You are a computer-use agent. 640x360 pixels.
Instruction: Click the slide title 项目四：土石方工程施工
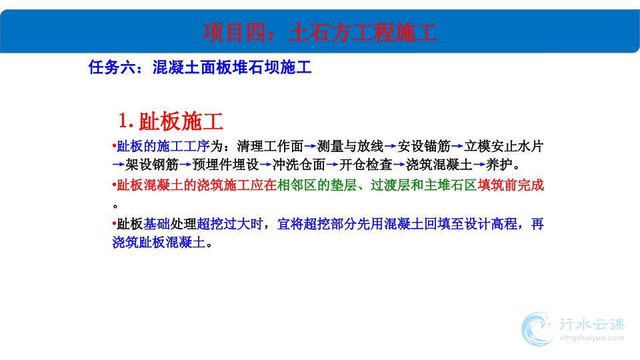[319, 33]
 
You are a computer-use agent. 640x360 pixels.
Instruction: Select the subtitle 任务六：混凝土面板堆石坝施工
[200, 67]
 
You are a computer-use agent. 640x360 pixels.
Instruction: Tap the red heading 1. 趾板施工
[171, 121]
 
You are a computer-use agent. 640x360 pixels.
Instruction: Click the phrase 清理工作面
[270, 146]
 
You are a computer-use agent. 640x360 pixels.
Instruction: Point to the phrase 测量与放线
[350, 146]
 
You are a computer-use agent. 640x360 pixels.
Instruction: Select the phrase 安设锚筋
[424, 146]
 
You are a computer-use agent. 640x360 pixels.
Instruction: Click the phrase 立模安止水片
[504, 146]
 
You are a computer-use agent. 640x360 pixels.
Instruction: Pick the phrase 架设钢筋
[152, 165]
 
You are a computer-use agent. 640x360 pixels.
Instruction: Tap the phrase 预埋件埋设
[225, 165]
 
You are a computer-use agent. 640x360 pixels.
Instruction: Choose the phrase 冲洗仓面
[299, 165]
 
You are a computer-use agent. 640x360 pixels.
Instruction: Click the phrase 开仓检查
[366, 165]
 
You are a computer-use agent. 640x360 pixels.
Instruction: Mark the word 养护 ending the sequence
[499, 165]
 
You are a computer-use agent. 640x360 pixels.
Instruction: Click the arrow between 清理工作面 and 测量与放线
[310, 146]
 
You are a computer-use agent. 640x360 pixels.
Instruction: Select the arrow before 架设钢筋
[119, 165]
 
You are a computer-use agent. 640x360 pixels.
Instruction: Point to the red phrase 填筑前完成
[511, 185]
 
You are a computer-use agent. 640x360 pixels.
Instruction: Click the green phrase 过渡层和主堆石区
[424, 185]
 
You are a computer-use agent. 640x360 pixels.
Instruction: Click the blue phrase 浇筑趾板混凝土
[159, 243]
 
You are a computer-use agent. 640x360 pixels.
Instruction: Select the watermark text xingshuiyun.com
[592, 338]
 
